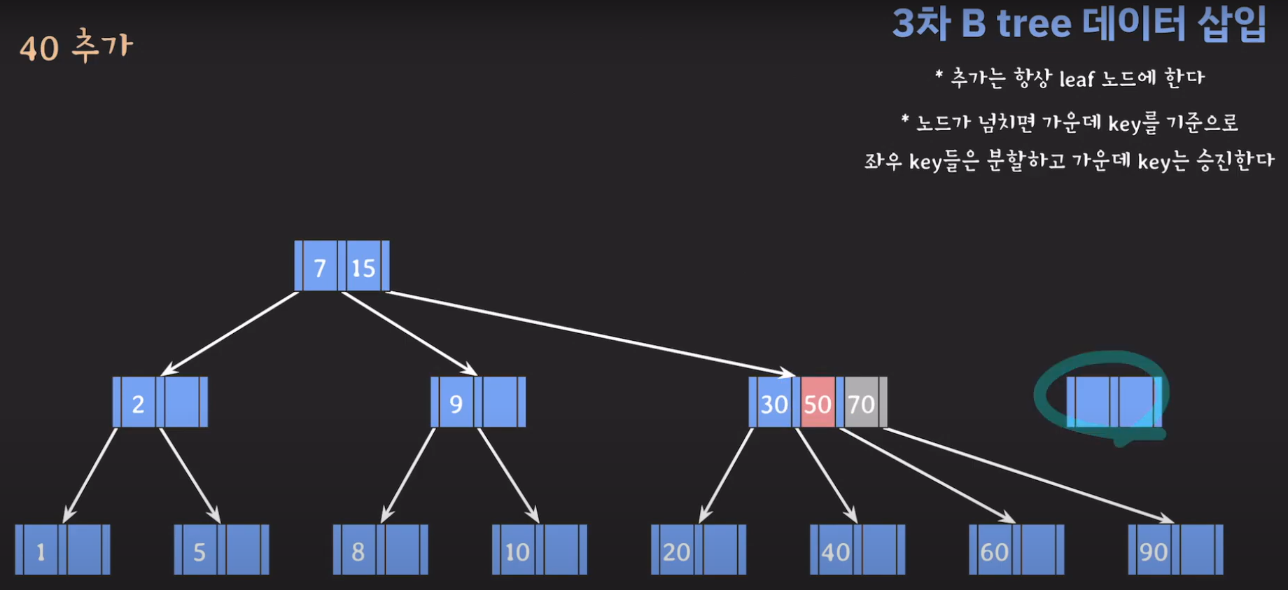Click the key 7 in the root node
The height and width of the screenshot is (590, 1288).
[x=320, y=267]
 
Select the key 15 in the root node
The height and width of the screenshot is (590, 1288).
[x=363, y=267]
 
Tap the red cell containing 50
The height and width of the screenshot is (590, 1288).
[x=818, y=403]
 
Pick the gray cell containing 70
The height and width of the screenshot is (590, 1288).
[x=861, y=403]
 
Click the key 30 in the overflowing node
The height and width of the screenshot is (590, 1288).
[x=774, y=403]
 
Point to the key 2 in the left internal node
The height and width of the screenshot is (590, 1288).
[x=138, y=403]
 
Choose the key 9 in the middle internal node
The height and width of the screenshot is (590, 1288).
[x=456, y=403]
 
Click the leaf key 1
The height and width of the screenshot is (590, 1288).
[x=41, y=552]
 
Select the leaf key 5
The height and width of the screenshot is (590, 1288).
[x=199, y=552]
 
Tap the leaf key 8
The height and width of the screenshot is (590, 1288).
[x=358, y=552]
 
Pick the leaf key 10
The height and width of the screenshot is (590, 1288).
[x=517, y=552]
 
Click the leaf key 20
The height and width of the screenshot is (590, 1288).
[x=676, y=552]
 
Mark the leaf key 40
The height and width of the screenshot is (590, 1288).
[x=835, y=552]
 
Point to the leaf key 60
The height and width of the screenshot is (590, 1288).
[x=994, y=552]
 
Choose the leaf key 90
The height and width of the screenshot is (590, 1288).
[x=1153, y=552]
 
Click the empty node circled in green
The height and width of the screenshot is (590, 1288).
[x=1113, y=401]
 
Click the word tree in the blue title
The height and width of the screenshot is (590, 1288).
[x=1034, y=24]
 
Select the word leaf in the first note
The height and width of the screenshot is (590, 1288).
[x=1077, y=79]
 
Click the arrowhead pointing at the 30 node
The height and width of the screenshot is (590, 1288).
[x=790, y=373]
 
